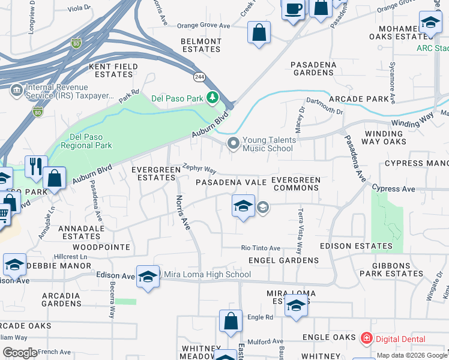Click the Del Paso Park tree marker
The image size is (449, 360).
[x=212, y=97]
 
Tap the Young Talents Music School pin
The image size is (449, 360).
[x=232, y=143]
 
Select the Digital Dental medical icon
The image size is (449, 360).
[x=366, y=339]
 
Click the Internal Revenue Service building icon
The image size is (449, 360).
[x=16, y=91]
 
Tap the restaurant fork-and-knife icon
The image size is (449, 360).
[x=36, y=166]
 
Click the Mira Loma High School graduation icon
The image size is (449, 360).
[x=148, y=276]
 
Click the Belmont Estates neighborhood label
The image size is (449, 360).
[x=201, y=46]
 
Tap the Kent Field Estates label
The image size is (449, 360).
[x=111, y=70]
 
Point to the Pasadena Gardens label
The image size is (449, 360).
[x=312, y=68]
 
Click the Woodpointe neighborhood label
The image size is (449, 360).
[x=101, y=247]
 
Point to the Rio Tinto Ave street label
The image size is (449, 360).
[x=261, y=248]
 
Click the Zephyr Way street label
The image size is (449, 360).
[x=199, y=170]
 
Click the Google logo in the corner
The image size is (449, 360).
[x=20, y=353]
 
